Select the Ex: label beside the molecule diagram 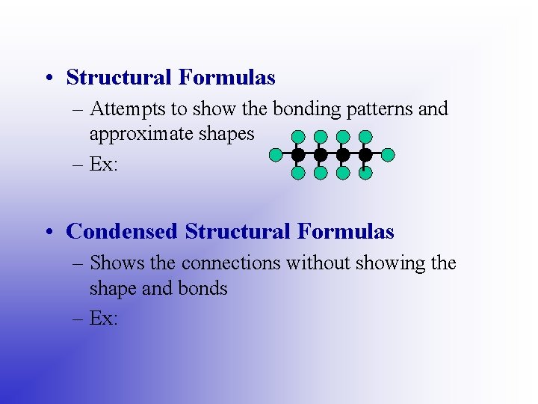click(x=103, y=165)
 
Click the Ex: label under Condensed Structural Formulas click(x=103, y=319)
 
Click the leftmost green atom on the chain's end click(x=276, y=155)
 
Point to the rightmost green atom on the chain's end click(x=388, y=155)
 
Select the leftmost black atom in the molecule click(x=298, y=155)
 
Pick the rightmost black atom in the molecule click(x=365, y=155)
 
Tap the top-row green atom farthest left click(x=298, y=137)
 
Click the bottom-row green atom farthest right click(x=365, y=174)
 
